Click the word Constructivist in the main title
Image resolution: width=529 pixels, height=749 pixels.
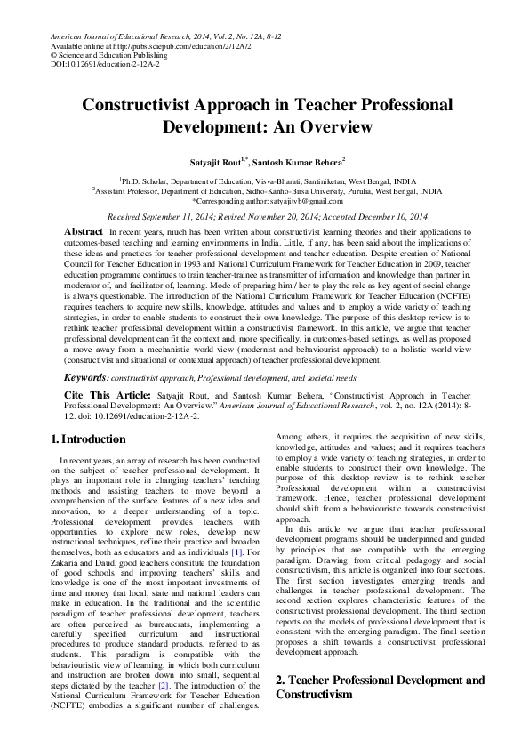coord(144,104)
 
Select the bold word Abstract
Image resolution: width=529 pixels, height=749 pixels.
coord(83,231)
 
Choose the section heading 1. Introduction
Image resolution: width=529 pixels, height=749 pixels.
coord(88,439)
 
